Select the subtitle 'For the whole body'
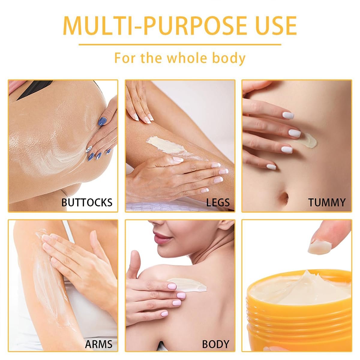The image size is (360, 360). click(x=180, y=58)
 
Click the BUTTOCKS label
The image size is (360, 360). click(x=87, y=202)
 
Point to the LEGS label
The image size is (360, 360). click(x=218, y=202)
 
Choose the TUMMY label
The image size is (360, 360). click(x=327, y=202)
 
